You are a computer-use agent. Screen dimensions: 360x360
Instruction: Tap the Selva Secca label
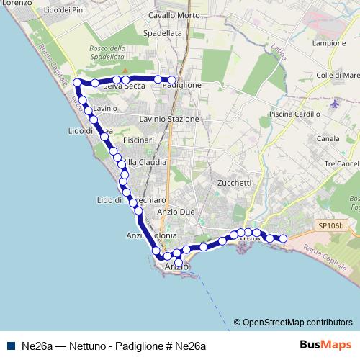pyautogui.click(x=124, y=86)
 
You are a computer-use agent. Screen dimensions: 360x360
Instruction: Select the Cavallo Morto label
pyautogui.click(x=172, y=15)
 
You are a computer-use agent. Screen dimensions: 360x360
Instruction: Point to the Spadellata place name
pyautogui.click(x=162, y=33)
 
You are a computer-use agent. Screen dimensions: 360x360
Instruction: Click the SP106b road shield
pyautogui.click(x=331, y=225)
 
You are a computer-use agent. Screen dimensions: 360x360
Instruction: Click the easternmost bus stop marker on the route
pyautogui.click(x=283, y=238)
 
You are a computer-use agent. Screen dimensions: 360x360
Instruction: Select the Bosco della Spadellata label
pyautogui.click(x=109, y=52)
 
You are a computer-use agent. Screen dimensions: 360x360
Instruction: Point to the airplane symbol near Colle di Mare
pyautogui.click(x=335, y=104)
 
